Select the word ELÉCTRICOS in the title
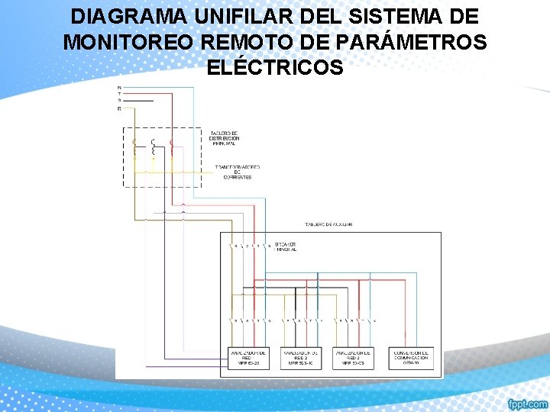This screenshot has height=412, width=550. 275,68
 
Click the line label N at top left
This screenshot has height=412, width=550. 119,88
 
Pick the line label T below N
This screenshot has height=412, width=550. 119,94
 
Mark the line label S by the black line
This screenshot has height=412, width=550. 119,101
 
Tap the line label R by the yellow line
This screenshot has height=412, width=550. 119,108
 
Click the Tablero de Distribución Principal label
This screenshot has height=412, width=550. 225,138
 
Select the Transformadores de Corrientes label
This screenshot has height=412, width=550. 237,172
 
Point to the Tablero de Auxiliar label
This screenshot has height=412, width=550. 328,224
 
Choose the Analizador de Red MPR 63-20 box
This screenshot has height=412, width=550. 248,358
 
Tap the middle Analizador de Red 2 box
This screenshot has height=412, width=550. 302,358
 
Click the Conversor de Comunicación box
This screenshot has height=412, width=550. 411,358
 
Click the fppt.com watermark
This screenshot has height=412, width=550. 528,403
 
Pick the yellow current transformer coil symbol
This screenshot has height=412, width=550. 135,148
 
